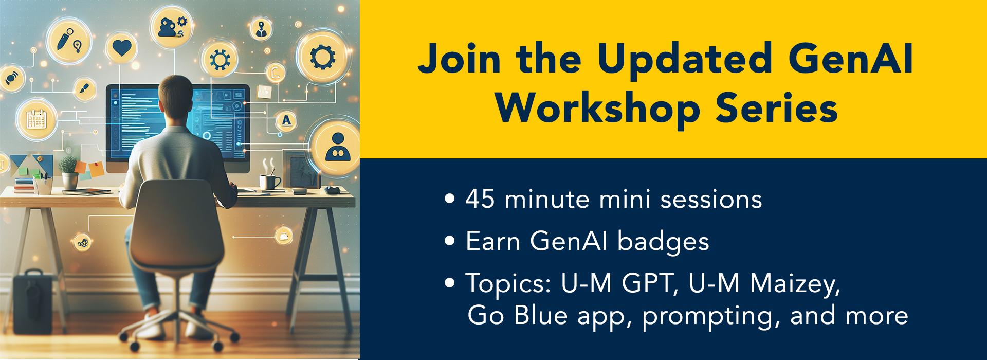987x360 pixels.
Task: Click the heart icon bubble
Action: click(122, 48)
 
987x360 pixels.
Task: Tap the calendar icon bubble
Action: click(36, 119)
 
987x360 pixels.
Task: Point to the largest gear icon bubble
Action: click(322, 57)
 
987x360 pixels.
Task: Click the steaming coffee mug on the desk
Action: click(269, 181)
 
